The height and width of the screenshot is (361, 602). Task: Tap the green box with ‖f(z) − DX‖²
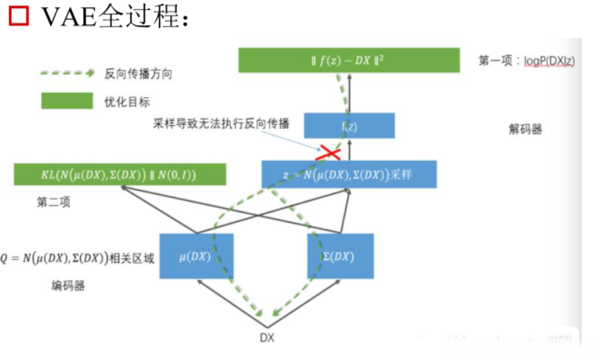click(349, 60)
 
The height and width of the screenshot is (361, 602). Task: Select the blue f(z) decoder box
click(349, 125)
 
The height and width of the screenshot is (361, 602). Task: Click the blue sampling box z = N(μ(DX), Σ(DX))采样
click(349, 174)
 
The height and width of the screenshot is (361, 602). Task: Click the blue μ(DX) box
click(195, 256)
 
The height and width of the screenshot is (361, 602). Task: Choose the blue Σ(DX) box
click(341, 256)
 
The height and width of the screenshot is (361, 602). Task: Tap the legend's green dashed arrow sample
click(68, 73)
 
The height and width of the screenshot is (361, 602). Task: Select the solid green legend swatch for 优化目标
click(68, 101)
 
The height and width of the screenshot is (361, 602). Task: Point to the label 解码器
click(525, 129)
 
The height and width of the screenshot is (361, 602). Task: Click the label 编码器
click(68, 285)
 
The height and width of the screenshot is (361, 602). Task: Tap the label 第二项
click(54, 203)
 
